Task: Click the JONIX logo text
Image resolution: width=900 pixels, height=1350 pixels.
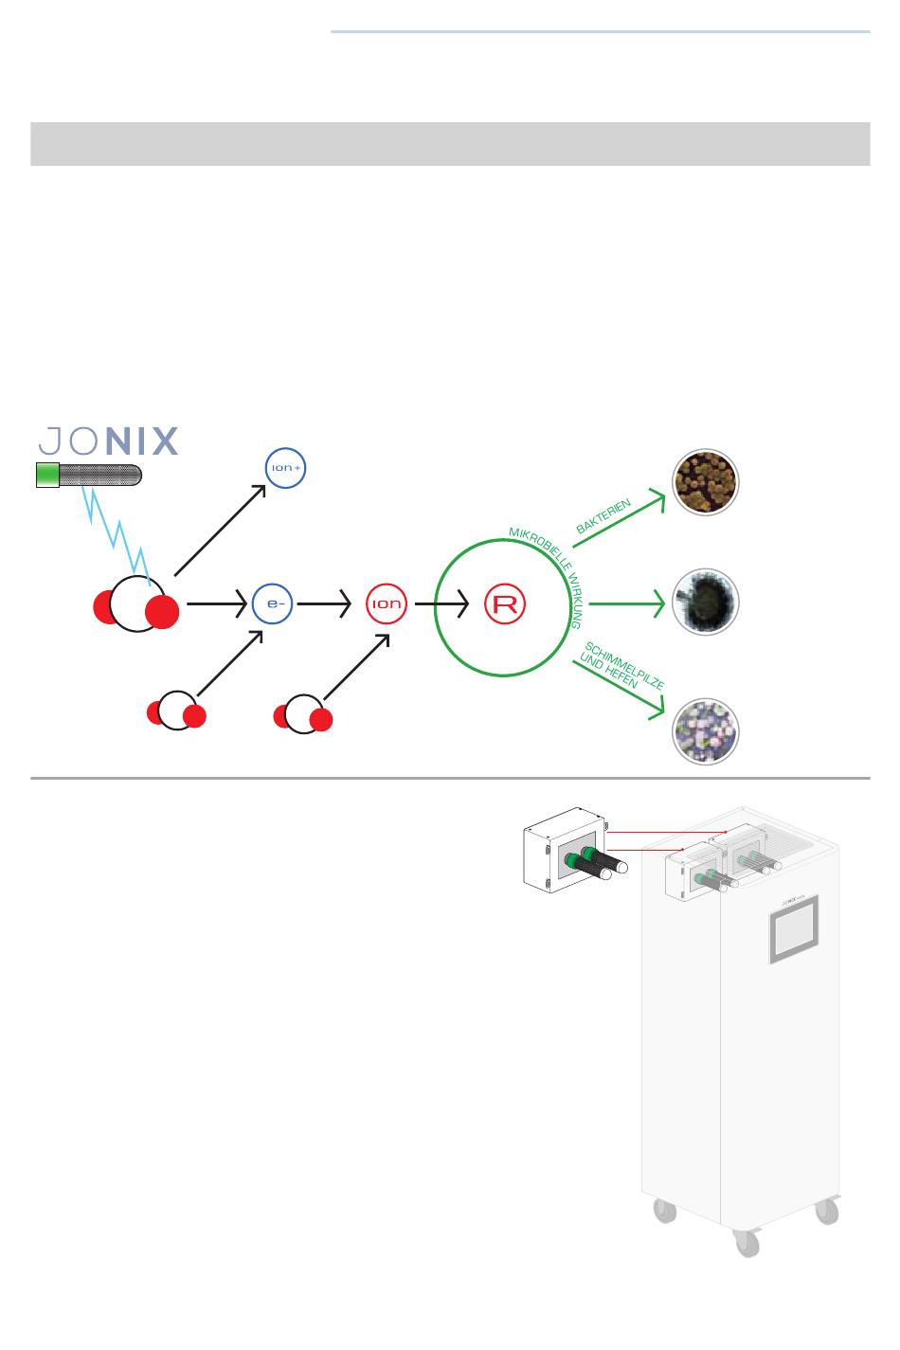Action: coord(108,441)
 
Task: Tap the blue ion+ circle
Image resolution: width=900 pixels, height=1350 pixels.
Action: coord(285,467)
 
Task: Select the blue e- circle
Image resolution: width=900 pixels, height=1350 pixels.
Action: coord(272,603)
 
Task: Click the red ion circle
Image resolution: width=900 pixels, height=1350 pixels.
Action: coord(387,603)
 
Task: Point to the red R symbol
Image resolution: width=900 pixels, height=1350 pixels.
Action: coord(505,603)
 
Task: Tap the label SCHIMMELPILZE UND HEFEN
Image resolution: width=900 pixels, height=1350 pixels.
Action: coord(621,668)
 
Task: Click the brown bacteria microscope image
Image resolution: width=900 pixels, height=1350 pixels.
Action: coord(705,481)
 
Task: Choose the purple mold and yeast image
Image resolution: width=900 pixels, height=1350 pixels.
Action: coord(705,731)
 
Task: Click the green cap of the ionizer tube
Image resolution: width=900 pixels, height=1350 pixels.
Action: coord(46,475)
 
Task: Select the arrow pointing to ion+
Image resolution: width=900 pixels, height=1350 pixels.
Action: coord(222,529)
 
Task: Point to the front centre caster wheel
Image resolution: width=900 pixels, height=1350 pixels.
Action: coord(747,1243)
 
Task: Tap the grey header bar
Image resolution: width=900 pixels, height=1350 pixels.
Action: coord(450,143)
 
